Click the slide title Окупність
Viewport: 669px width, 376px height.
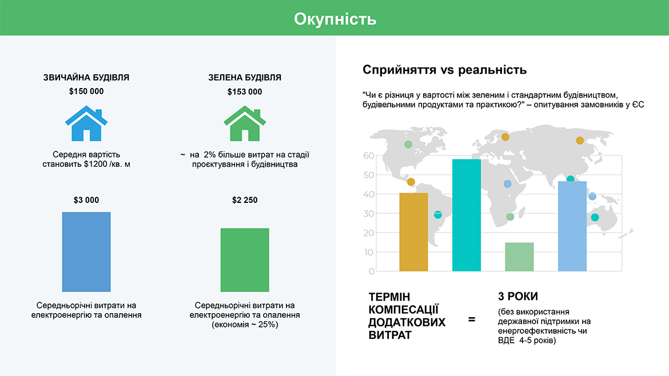tap(335, 19)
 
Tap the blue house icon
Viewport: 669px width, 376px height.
tap(86, 123)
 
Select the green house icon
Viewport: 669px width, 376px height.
tap(245, 123)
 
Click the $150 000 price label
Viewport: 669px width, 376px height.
tap(86, 91)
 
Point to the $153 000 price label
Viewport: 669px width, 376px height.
tap(245, 91)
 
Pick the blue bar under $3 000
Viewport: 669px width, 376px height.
tap(86, 252)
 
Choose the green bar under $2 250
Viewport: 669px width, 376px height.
tap(245, 260)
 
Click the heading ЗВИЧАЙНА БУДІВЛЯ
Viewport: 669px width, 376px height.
tap(86, 78)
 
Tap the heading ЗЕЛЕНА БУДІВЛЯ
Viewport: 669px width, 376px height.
tap(245, 78)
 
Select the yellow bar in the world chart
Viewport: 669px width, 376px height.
tap(413, 232)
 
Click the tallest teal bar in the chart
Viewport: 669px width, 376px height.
tap(467, 215)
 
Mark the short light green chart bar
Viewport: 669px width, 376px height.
tap(519, 257)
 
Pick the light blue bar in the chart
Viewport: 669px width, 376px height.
tap(572, 226)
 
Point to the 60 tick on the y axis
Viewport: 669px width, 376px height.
tap(369, 155)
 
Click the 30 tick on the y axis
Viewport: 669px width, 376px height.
tap(369, 214)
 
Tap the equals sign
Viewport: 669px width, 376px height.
tap(472, 319)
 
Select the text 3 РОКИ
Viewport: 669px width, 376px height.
tap(518, 296)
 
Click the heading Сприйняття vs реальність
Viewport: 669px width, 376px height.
tap(445, 70)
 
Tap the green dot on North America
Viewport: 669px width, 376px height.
tap(408, 145)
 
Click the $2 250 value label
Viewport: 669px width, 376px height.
tap(245, 200)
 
